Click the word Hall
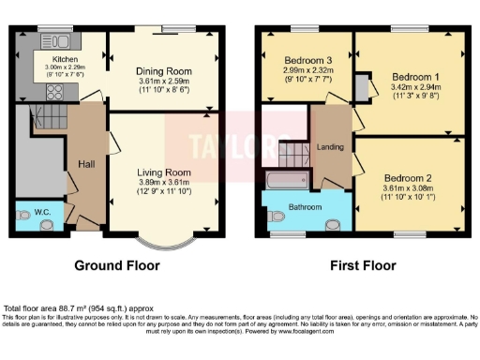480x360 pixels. tap(85, 164)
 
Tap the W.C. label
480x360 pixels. tap(42, 213)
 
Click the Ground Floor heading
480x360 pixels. tap(117, 265)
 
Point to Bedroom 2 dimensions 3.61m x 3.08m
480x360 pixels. tap(408, 188)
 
